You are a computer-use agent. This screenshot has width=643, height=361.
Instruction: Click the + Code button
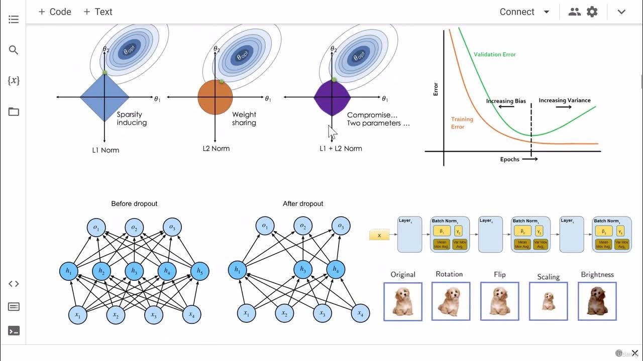point(55,12)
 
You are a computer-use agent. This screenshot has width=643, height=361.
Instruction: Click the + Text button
point(98,12)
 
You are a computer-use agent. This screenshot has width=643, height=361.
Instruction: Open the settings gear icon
point(592,12)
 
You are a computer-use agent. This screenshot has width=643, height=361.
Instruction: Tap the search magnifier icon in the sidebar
point(14,50)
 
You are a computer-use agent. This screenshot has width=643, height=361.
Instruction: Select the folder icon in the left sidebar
point(14,111)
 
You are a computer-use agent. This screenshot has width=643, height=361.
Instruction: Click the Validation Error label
point(494,54)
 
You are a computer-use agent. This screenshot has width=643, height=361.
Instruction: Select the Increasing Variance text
point(564,100)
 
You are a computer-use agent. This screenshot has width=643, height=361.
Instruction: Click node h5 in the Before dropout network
point(200,271)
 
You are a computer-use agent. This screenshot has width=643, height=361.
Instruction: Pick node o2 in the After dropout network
point(303,226)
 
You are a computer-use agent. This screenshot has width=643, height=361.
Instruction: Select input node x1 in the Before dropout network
point(78,314)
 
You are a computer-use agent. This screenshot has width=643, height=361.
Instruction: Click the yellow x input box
point(379,235)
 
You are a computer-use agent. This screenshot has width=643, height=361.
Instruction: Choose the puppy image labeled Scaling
point(548,301)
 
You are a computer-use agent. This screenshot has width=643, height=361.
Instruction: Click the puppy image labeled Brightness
point(597,301)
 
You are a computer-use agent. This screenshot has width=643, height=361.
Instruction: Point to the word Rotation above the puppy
point(449,274)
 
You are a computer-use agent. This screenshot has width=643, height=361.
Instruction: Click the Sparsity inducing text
point(132,118)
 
